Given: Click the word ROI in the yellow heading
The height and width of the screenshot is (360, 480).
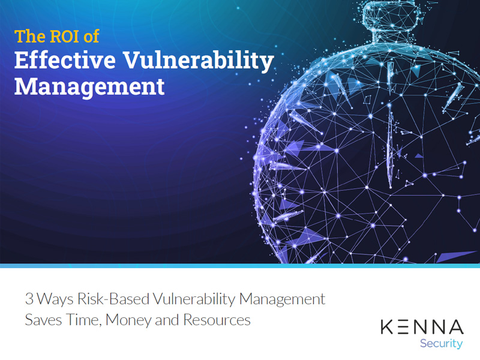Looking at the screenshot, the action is coord(64,36).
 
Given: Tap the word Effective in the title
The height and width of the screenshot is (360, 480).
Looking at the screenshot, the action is coord(65,60).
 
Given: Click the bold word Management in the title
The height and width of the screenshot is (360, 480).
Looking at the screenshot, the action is coord(89,87).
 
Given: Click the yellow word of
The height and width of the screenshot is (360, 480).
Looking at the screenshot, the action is coord(91,36).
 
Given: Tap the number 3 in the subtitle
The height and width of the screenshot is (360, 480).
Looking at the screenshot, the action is coord(29,299).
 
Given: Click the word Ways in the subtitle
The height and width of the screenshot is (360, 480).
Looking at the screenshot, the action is coord(55,300).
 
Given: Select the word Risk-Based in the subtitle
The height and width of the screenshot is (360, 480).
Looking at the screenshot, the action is coord(113,299).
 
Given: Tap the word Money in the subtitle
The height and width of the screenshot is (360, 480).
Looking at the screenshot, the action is coord(128,321).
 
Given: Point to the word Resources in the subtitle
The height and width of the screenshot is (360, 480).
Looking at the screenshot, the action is coord(217,320).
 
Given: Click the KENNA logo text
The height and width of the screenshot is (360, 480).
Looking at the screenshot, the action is coord(422,327).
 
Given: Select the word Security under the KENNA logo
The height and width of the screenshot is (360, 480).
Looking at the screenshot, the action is coord(441,344).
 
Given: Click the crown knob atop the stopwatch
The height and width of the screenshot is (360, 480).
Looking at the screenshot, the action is coord(391,14).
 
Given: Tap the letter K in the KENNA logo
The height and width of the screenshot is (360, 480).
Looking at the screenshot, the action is coord(387,327).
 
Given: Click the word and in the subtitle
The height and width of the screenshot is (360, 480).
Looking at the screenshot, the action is coord(167,320).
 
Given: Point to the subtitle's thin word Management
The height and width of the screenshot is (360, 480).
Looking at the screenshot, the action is coord(282,300).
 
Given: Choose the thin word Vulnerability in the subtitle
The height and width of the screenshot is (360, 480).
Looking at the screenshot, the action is coord(194,300).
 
